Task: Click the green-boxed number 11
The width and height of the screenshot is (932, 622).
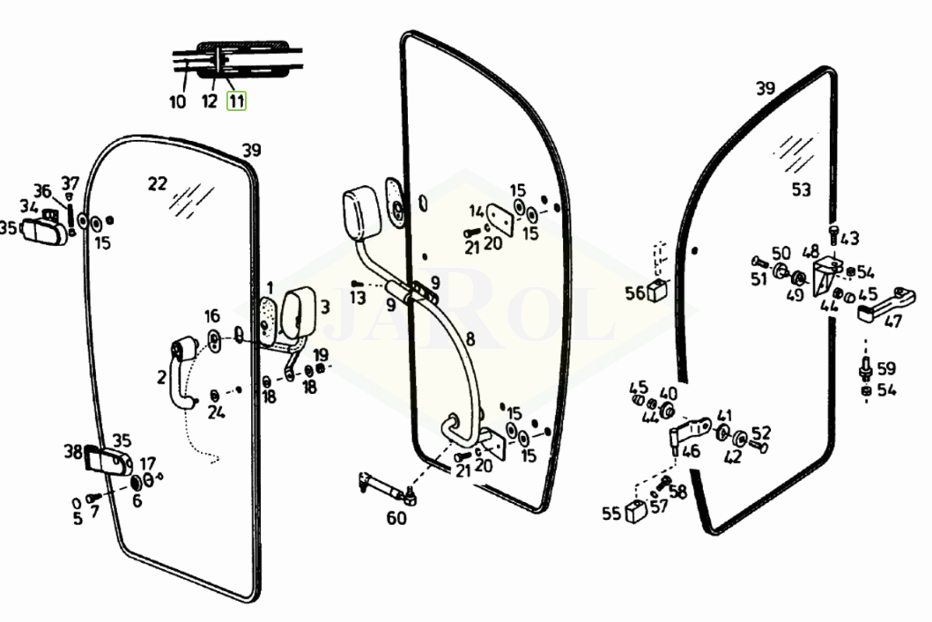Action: (237, 101)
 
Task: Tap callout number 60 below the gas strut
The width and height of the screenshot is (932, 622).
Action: (396, 518)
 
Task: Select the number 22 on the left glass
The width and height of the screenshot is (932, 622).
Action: (158, 184)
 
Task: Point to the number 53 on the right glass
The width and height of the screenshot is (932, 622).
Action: (802, 189)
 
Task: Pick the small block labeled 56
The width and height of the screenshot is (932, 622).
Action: (656, 289)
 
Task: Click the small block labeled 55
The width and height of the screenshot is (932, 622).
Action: (637, 511)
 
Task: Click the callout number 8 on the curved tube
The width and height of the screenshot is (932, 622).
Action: (470, 339)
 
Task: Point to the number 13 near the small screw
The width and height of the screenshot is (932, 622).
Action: (358, 297)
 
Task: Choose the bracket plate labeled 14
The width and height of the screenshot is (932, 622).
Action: (499, 218)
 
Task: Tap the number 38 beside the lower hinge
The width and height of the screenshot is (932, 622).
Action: (72, 452)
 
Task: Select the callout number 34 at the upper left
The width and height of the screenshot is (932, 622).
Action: (28, 206)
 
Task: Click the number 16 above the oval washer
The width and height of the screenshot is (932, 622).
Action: (212, 315)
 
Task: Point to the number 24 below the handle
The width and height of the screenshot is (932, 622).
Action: (217, 412)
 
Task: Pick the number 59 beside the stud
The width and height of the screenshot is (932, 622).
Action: (886, 368)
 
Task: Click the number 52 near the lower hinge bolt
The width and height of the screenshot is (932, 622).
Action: (761, 433)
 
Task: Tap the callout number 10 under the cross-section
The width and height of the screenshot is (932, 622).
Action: (178, 101)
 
